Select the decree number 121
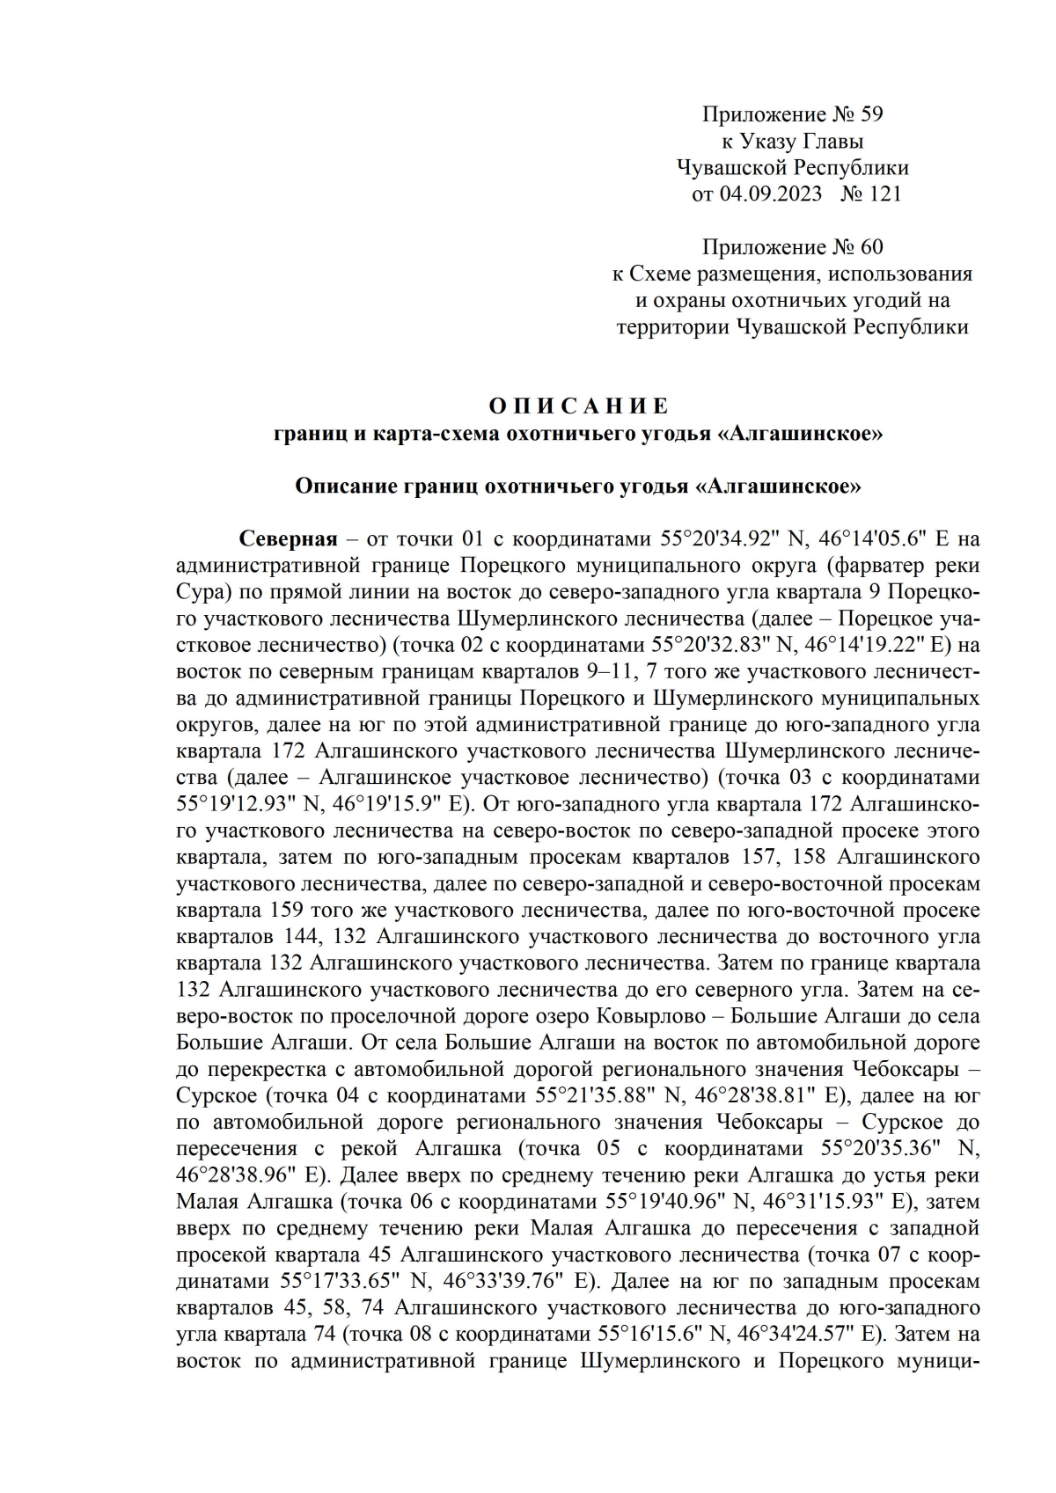[x=884, y=194]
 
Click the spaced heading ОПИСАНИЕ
[x=578, y=406]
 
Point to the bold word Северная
[x=289, y=538]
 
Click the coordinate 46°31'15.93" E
[x=826, y=1203]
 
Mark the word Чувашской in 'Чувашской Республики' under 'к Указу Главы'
[x=732, y=167]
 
